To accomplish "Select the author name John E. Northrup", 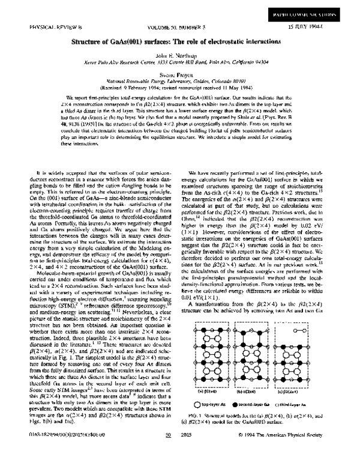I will (179, 55).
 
